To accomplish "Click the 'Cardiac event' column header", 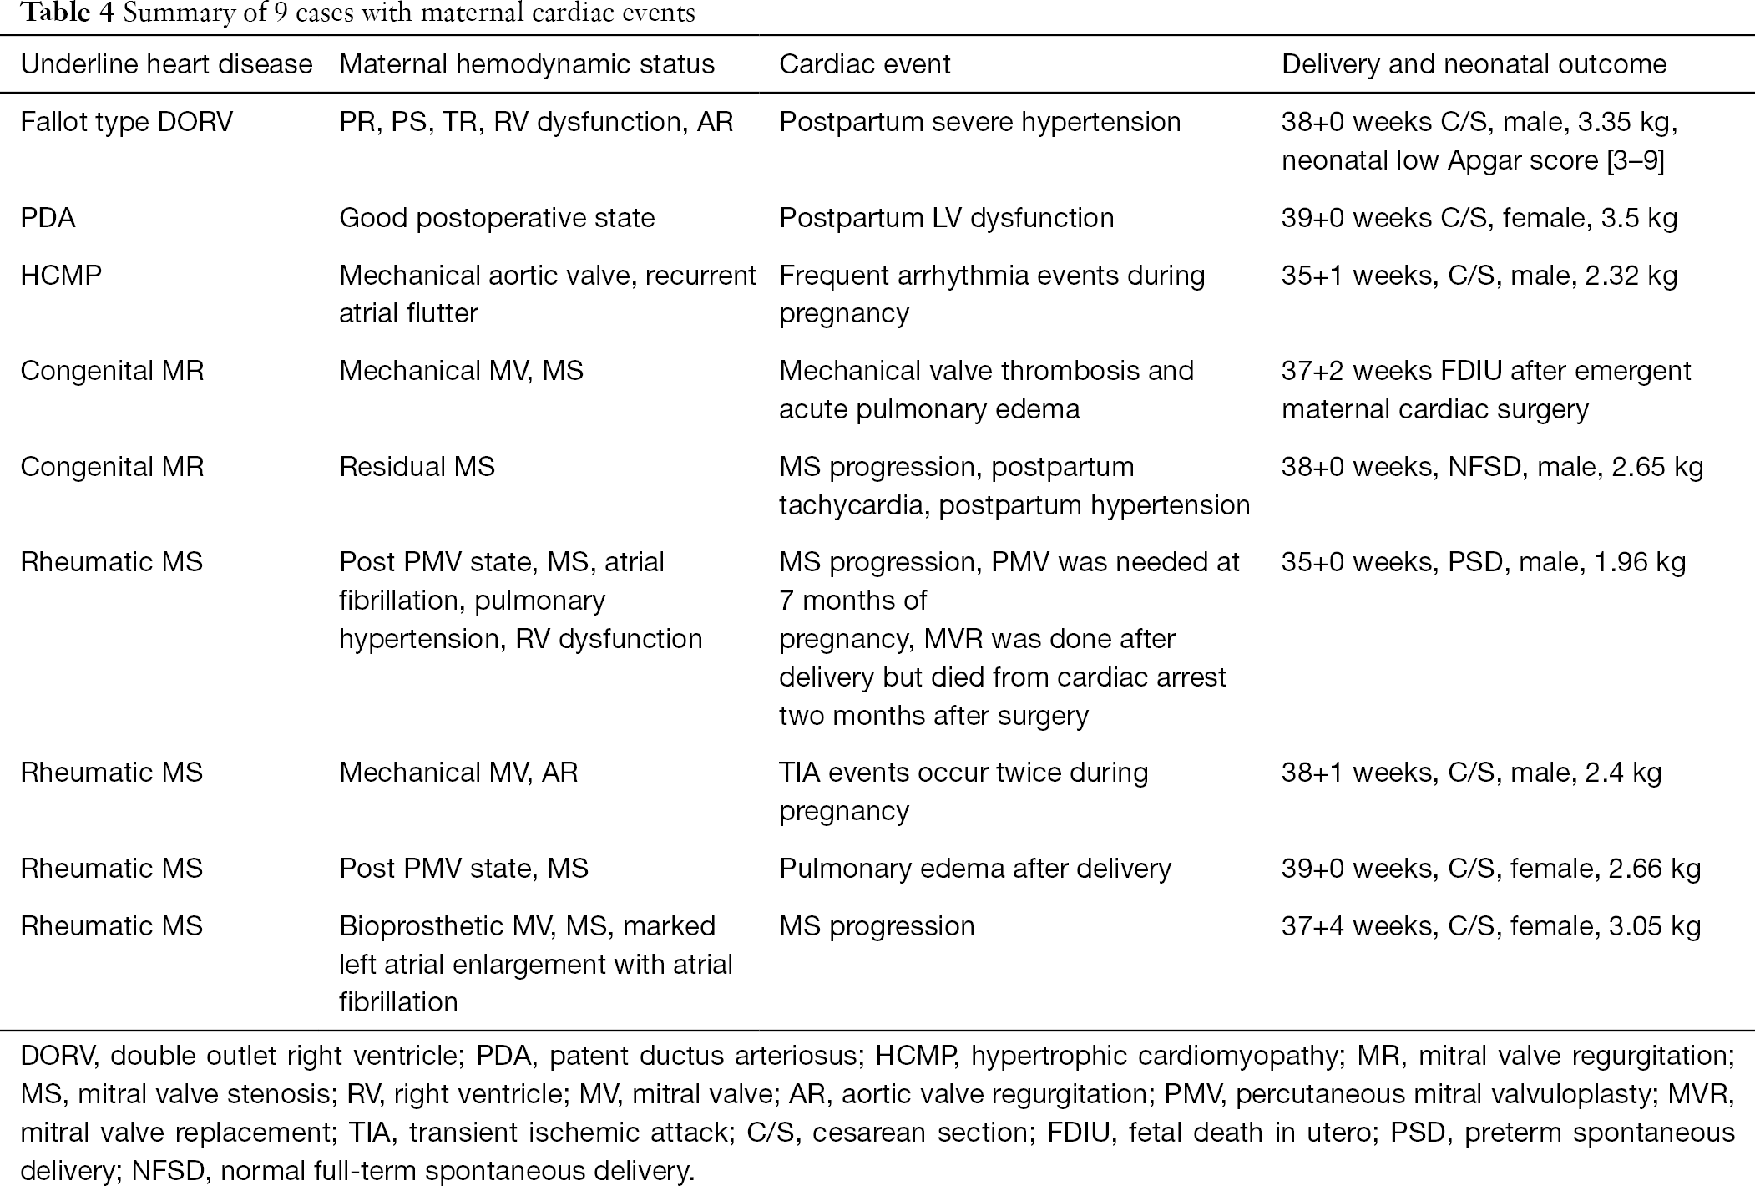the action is tap(864, 64).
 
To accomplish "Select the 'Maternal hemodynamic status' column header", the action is tap(527, 64).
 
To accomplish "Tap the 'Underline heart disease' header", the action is tap(166, 64).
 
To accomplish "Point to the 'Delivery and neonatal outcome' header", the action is tap(1474, 64).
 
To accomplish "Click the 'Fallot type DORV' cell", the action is tap(127, 122).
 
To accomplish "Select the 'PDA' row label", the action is tap(48, 218).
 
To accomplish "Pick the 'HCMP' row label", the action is tap(61, 276).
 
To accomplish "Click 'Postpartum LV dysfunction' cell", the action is tap(946, 218).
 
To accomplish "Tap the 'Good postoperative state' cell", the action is tap(497, 218).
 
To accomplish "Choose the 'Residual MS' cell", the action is tap(417, 466).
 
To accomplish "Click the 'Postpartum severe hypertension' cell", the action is tap(979, 122).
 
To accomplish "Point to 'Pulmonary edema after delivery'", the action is tap(974, 869).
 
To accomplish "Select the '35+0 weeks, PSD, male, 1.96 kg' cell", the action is tap(1484, 562).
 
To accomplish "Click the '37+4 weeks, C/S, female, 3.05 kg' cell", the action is tap(1490, 926).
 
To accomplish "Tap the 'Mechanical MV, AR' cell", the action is tap(458, 773).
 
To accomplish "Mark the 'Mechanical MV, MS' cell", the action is tap(461, 371).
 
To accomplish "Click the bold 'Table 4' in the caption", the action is tap(67, 13).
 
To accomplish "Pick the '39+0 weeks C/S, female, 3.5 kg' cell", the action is tap(1479, 218).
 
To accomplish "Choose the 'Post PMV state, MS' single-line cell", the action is tap(463, 869).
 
